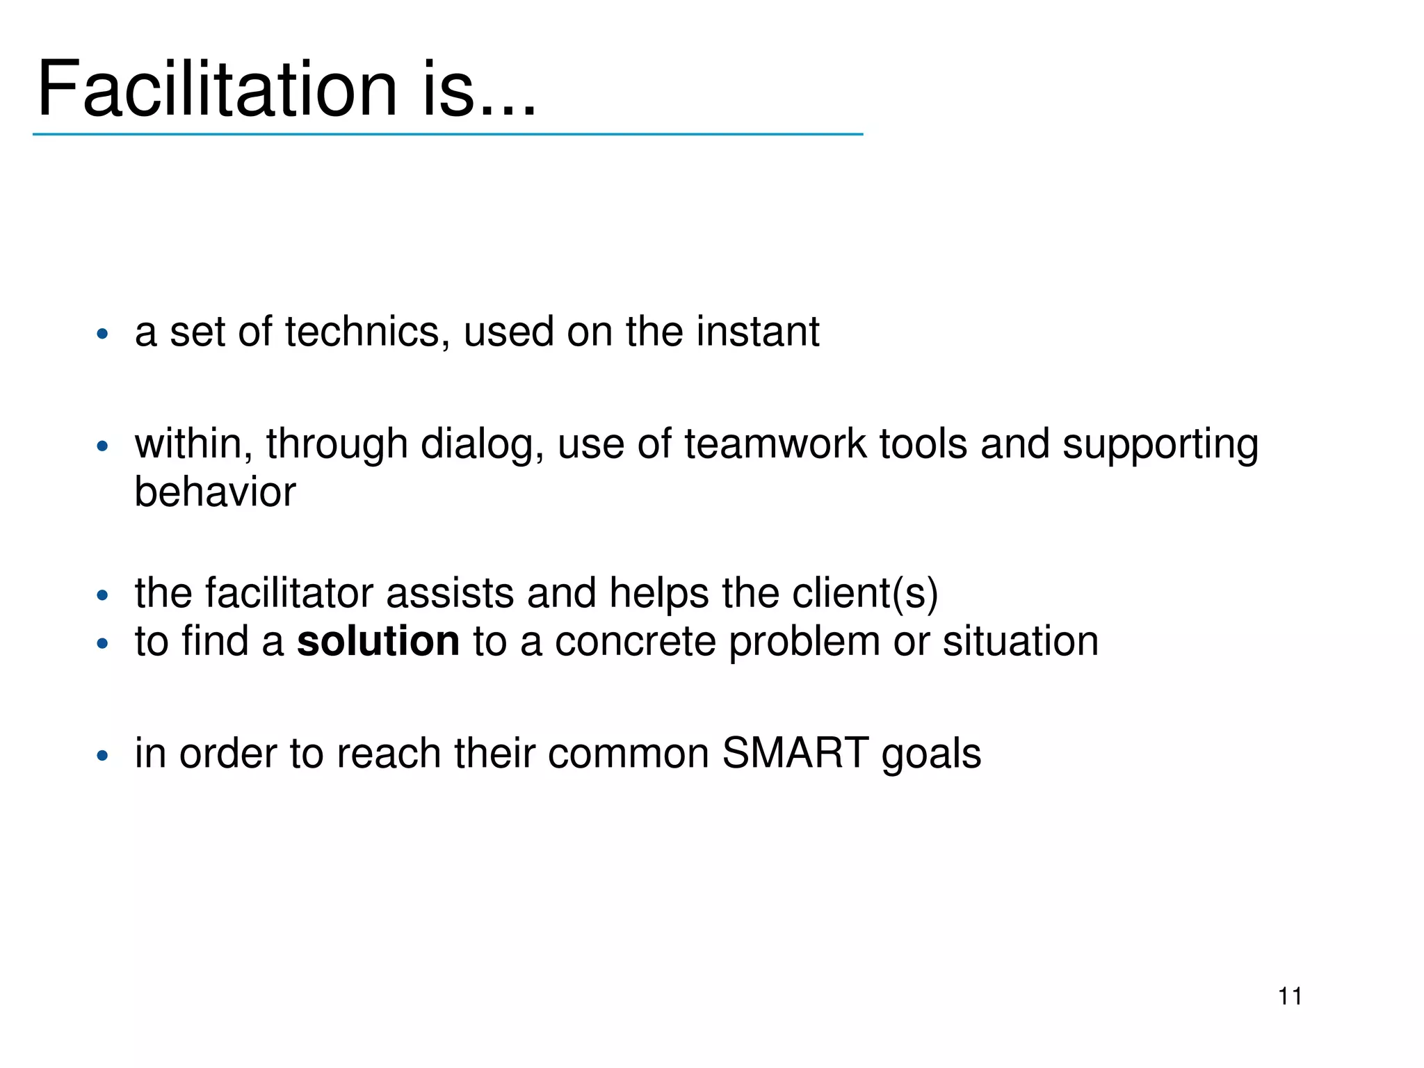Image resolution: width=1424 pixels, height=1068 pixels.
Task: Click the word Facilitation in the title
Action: click(217, 89)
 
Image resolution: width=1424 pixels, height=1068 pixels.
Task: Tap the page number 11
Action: click(1290, 996)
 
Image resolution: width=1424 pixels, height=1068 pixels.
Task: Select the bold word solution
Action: click(378, 640)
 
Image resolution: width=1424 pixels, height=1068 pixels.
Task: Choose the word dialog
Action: click(482, 445)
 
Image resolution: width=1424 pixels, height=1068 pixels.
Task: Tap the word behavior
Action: click(215, 492)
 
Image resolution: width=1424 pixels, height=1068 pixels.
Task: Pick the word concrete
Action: click(635, 640)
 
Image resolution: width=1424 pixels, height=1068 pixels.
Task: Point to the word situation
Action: click(1020, 640)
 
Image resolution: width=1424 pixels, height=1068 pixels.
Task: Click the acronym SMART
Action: click(795, 752)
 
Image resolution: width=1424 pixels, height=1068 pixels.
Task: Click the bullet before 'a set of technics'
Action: click(103, 334)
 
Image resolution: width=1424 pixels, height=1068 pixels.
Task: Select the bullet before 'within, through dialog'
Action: click(103, 446)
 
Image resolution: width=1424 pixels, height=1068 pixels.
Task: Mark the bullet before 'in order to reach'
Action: click(103, 756)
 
